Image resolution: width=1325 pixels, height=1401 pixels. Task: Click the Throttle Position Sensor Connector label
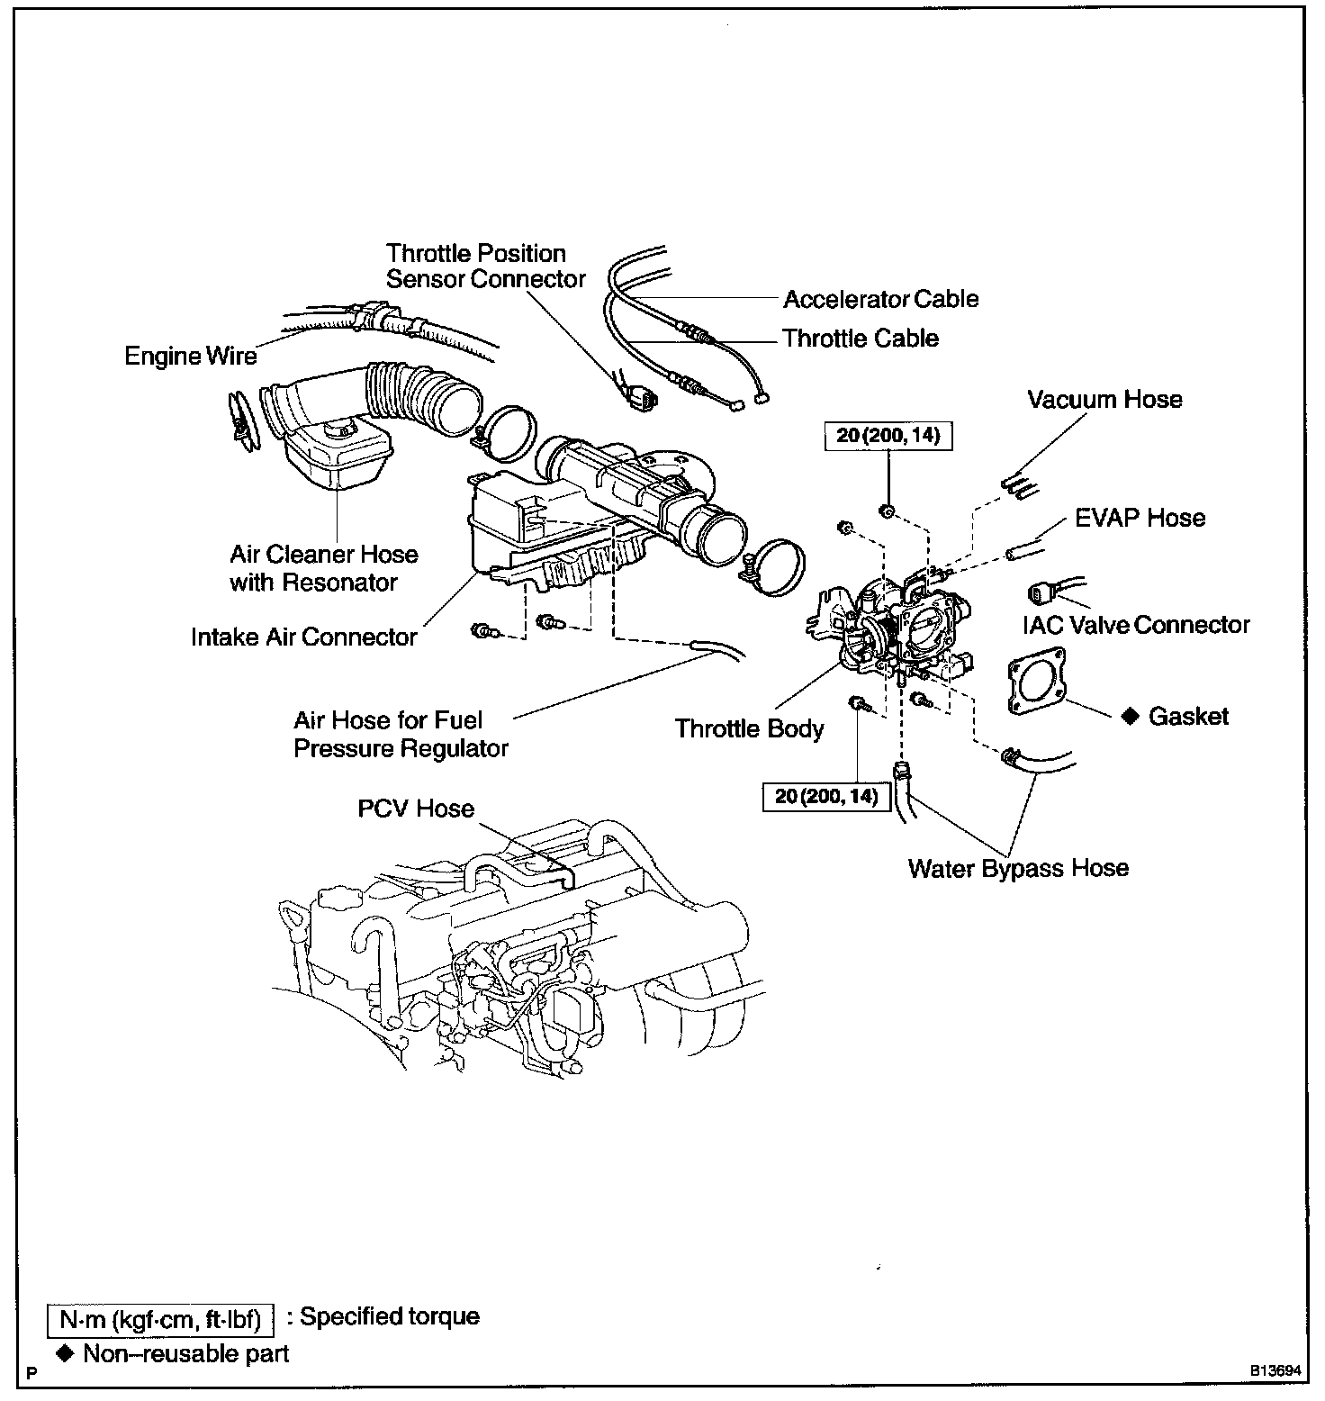[x=485, y=267]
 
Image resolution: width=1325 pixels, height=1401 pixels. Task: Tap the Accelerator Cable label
[x=880, y=299]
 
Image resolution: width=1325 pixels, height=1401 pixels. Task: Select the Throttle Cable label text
[x=860, y=339]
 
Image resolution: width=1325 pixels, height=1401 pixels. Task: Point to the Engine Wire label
[x=190, y=357]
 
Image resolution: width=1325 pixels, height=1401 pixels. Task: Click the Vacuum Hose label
[x=1104, y=399]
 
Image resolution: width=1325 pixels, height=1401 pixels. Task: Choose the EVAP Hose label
[x=1140, y=518]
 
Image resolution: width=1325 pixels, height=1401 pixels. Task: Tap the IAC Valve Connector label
[x=1136, y=624]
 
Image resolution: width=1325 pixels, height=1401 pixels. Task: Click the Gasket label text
[x=1188, y=717]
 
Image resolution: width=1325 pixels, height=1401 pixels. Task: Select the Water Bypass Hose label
[x=1018, y=868]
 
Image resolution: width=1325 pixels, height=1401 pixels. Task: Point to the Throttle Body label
[x=749, y=728]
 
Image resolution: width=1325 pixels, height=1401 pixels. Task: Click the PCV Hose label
[x=416, y=809]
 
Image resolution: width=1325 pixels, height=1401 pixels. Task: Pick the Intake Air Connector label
[x=303, y=637]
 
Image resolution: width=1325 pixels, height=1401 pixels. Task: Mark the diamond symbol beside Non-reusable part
[x=64, y=1353]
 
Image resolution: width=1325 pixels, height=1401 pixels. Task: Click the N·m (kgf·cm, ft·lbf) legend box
[x=159, y=1320]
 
